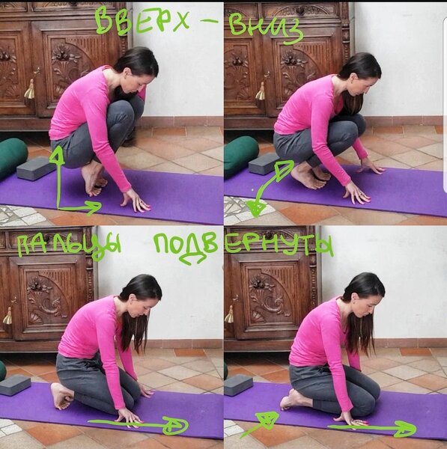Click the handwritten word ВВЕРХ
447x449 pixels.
point(142,22)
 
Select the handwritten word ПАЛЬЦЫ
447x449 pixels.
point(70,246)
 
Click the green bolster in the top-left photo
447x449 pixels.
point(12,156)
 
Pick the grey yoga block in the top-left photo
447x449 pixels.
point(35,168)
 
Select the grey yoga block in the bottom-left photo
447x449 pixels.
point(15,385)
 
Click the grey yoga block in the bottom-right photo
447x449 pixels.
point(238,385)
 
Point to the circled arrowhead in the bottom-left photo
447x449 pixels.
point(175,426)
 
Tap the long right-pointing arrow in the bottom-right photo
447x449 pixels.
point(372,428)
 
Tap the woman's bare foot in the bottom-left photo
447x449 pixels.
point(61,396)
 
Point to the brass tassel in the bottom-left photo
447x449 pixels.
point(7,316)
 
